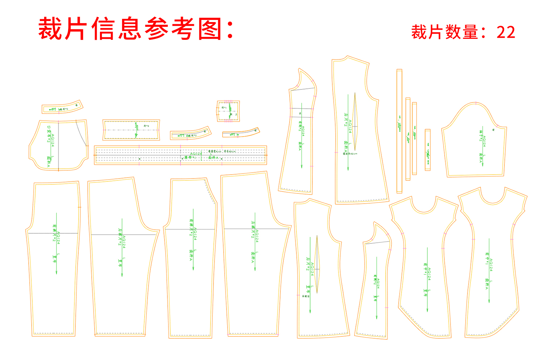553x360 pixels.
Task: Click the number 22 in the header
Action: pos(506,32)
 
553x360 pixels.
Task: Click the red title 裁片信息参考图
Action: pos(136,29)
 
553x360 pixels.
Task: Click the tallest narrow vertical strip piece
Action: pos(399,130)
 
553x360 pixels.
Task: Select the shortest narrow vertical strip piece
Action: pos(428,150)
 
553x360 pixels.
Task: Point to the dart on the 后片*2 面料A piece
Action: pos(355,123)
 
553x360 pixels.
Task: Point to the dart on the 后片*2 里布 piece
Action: pos(317,264)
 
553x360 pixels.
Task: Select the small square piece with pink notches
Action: pos(228,111)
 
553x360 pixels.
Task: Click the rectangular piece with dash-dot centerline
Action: pos(131,130)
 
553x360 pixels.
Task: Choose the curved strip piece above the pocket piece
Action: pos(62,107)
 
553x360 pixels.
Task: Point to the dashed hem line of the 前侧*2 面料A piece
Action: pos(295,189)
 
